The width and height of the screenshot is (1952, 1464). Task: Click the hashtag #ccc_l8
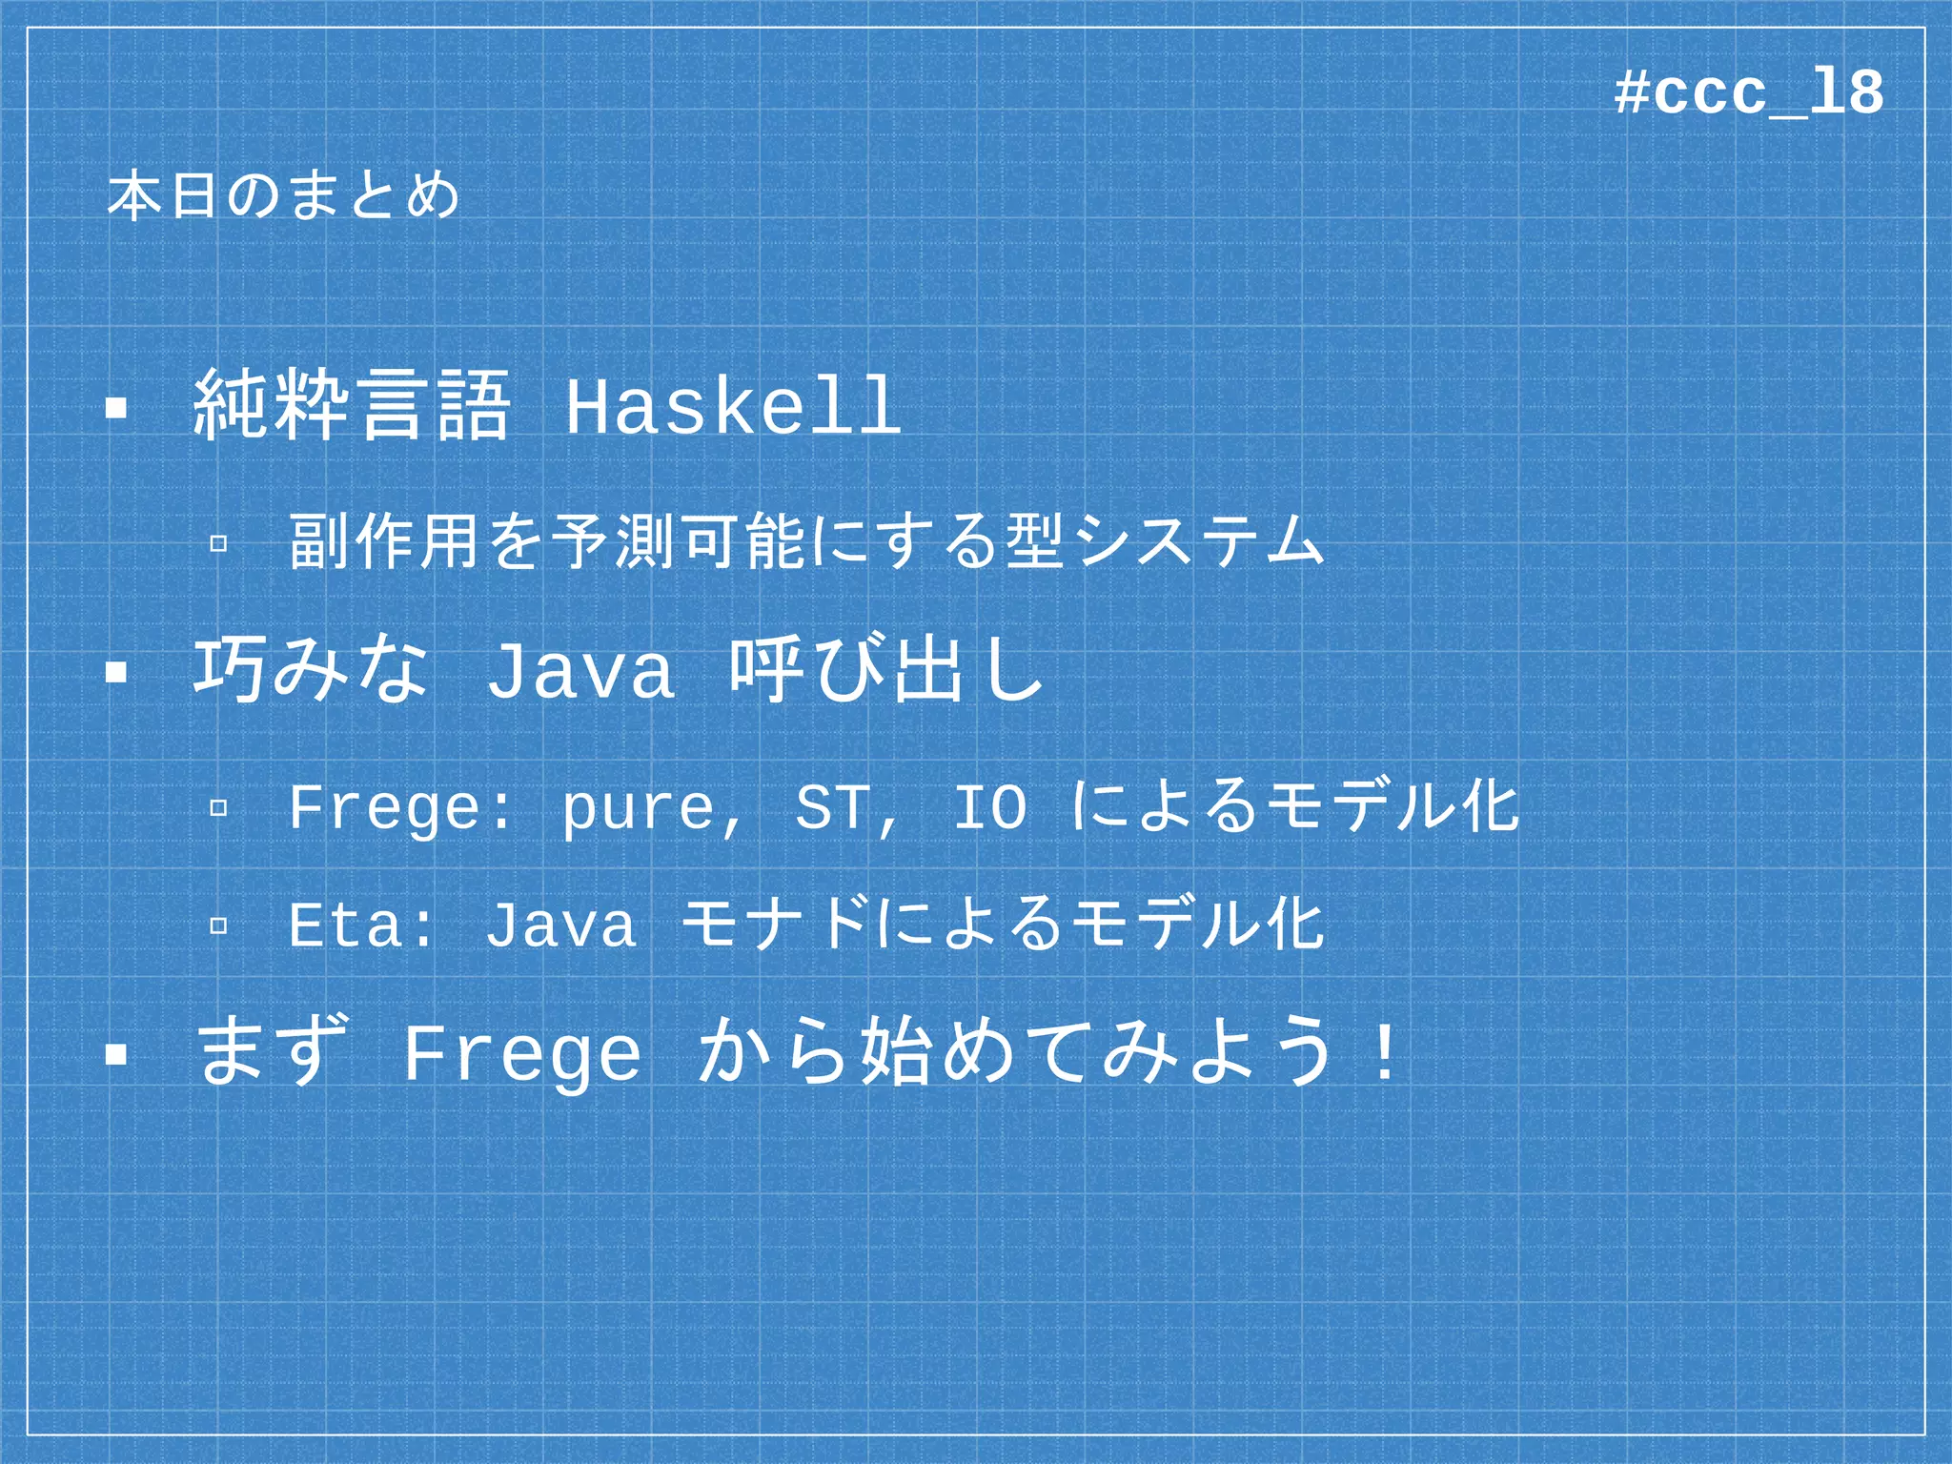click(1749, 93)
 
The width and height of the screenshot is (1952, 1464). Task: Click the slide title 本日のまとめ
click(283, 197)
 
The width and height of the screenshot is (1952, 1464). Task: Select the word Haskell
click(733, 407)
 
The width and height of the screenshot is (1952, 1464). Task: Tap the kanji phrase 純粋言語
click(352, 407)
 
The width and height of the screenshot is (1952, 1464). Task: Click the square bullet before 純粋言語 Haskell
click(116, 409)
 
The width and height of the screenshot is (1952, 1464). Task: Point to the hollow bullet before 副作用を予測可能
click(218, 543)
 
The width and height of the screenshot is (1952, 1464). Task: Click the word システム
click(1198, 541)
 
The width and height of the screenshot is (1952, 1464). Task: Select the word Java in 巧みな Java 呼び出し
click(580, 671)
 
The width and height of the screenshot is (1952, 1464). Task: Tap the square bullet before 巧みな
click(116, 673)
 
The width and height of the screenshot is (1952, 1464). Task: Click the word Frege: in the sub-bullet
click(400, 808)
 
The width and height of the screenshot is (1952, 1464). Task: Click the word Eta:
click(361, 925)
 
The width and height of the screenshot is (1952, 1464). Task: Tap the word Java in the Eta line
click(561, 925)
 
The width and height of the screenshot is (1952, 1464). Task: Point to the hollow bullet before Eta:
click(218, 925)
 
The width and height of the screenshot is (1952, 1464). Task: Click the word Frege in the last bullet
click(522, 1054)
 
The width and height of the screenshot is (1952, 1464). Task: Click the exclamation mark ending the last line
click(1383, 1052)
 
